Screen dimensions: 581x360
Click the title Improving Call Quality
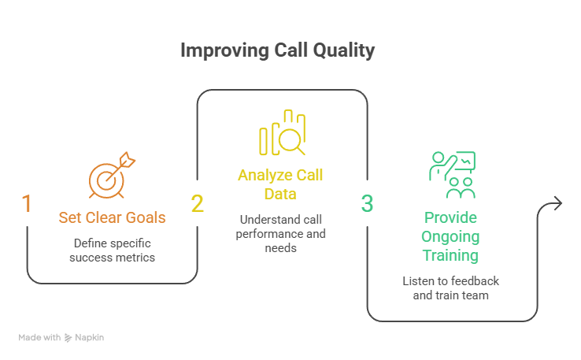coord(278,50)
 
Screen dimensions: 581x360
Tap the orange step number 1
coord(27,203)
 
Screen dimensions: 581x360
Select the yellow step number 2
coord(197,203)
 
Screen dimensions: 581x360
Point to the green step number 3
coord(367,203)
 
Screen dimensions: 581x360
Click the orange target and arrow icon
coord(112,175)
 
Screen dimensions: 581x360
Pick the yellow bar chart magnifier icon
coord(283,132)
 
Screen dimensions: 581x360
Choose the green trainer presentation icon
coord(452,175)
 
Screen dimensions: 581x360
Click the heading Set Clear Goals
coord(112,217)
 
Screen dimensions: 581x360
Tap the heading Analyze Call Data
coord(280,184)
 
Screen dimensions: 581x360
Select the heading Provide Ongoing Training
coord(450,236)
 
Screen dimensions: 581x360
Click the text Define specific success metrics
coord(113,251)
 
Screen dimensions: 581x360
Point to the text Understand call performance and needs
coord(281,234)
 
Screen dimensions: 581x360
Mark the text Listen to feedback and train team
coord(451,288)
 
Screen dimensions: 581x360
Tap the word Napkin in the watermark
coord(89,337)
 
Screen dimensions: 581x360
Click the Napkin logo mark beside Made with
coord(68,338)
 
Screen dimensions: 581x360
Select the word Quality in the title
coord(344,50)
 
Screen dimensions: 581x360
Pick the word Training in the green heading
coord(450,255)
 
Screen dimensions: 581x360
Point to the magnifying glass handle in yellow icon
coord(301,150)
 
